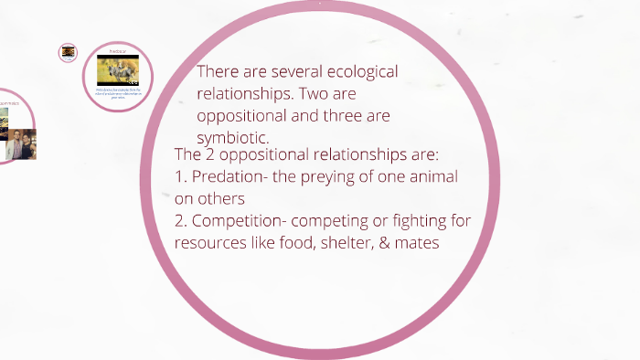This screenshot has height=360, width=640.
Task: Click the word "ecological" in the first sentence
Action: tap(359, 72)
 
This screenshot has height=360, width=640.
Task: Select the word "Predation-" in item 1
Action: tap(229, 176)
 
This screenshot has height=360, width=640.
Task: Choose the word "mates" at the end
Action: tap(421, 243)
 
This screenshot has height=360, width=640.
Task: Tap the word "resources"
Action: tap(206, 243)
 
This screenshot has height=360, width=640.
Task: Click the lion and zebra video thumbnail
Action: tap(117, 70)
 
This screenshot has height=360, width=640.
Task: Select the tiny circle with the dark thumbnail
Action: tap(69, 53)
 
